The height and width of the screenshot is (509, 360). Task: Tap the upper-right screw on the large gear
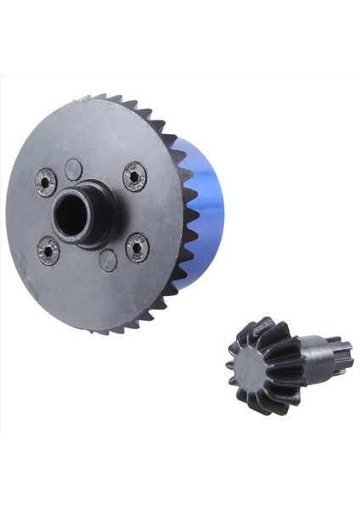tap(134, 176)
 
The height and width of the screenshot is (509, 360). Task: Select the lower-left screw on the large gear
tap(48, 251)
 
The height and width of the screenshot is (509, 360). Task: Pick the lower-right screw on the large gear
tap(137, 248)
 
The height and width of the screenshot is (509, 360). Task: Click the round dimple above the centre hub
tap(75, 168)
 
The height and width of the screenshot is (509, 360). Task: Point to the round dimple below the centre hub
tap(107, 260)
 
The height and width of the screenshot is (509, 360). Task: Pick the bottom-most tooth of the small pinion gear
tap(262, 408)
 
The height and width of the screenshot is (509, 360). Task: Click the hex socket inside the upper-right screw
tap(134, 176)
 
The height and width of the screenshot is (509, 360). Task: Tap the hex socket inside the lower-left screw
tap(48, 251)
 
